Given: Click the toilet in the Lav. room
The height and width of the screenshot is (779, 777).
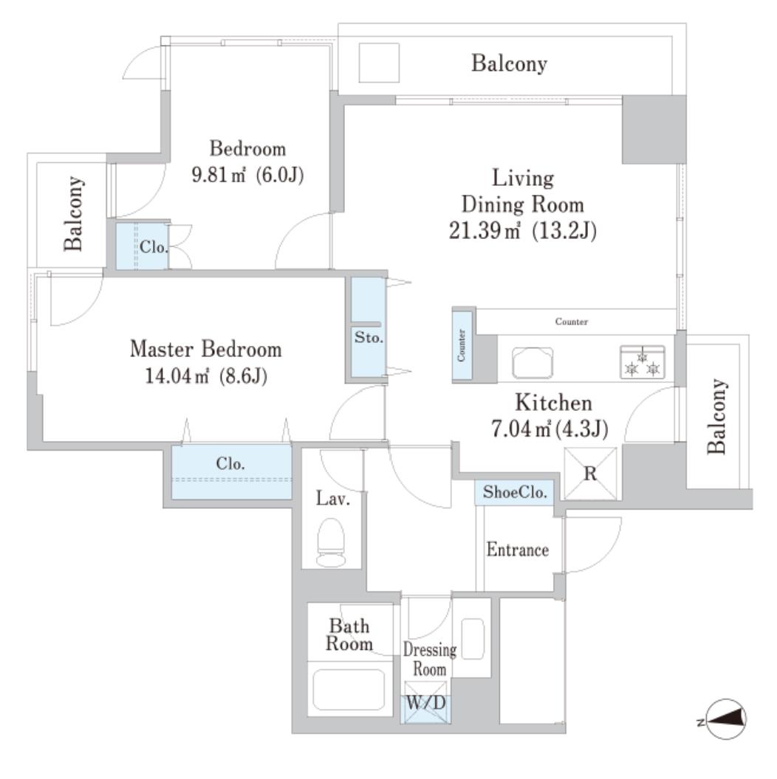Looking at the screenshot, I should (x=331, y=543).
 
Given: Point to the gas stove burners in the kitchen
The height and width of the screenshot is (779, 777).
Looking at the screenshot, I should (x=642, y=361).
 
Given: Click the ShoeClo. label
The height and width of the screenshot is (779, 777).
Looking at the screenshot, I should (x=513, y=492).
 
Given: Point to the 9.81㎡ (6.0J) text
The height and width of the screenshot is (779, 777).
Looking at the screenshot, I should (x=248, y=176).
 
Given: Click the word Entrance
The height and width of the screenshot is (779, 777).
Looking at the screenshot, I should (x=517, y=550).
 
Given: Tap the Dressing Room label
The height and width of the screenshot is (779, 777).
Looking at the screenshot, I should (x=429, y=659).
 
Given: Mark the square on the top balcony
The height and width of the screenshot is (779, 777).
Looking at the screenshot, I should (x=379, y=63).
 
